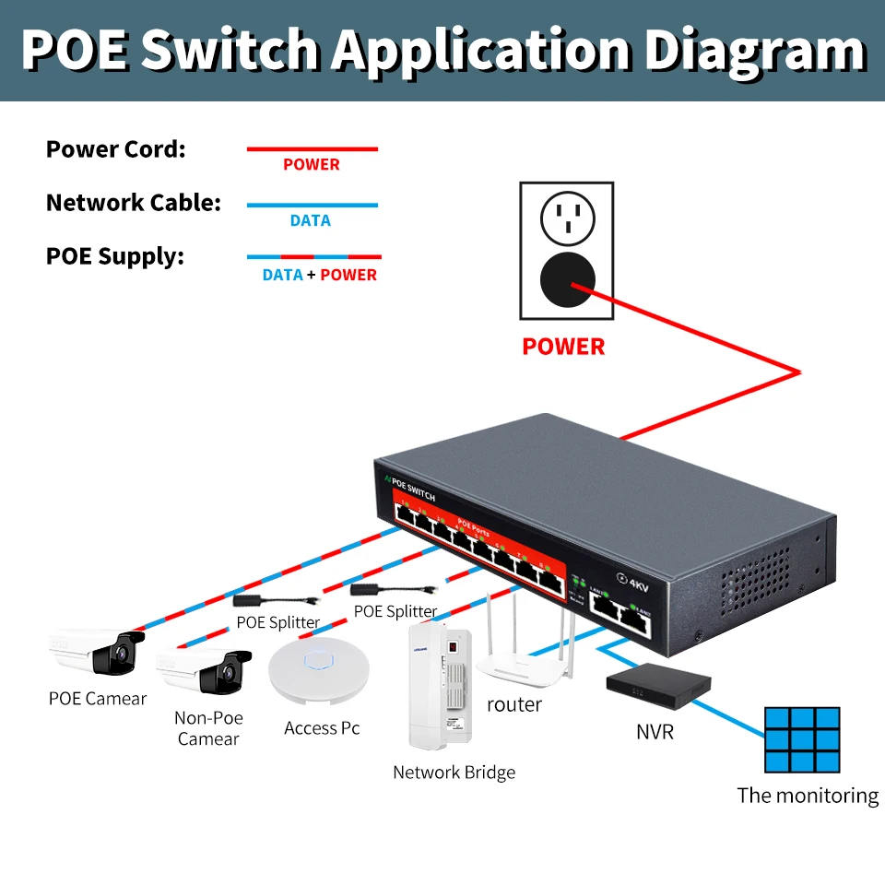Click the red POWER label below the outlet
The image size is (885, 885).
pos(563,347)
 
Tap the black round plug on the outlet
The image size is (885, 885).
pos(567,280)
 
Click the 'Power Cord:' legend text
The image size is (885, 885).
pos(116,149)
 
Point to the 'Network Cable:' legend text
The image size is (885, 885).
pos(134,203)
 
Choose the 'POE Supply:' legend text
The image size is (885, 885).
pos(115,256)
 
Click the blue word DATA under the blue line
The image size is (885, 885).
pos(310,220)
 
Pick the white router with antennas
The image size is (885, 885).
pos(521,655)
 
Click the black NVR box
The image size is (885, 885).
pos(658,685)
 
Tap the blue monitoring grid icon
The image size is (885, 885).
pos(802,739)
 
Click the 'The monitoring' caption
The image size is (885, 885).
pos(808,796)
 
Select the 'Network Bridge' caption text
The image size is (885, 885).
pos(454,773)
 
